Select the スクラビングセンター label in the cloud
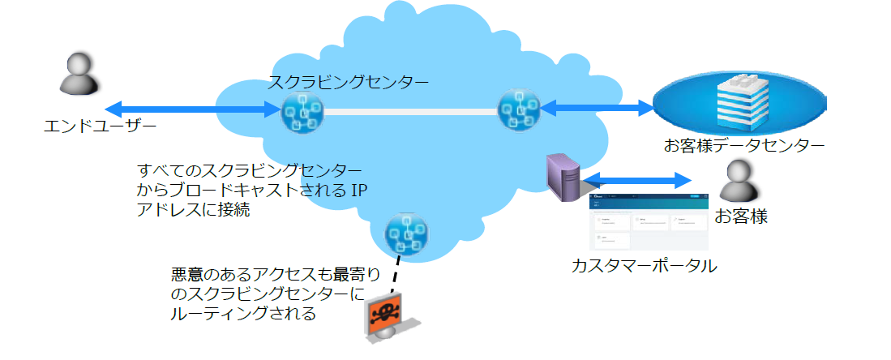[x=349, y=82]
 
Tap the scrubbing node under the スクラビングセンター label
[x=302, y=111]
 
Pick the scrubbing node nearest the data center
[x=518, y=109]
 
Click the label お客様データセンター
[x=743, y=147]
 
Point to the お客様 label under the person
[x=740, y=217]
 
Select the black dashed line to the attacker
[x=396, y=276]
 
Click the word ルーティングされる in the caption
[x=243, y=313]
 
